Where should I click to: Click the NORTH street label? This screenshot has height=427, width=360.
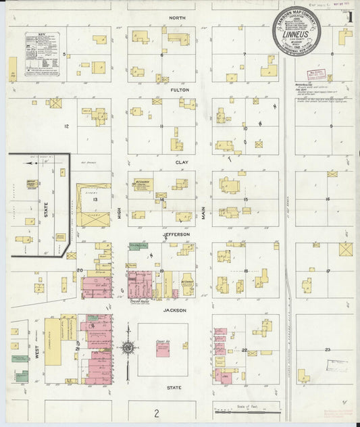click(178, 17)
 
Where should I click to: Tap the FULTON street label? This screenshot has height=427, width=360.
click(179, 89)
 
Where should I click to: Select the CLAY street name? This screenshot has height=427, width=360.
click(182, 162)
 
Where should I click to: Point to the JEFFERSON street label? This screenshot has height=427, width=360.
click(176, 234)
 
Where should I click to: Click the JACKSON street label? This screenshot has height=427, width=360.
click(174, 311)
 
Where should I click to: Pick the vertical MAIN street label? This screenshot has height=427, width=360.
click(203, 214)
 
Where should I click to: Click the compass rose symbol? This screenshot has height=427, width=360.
click(127, 348)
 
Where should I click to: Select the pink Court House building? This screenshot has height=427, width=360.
click(163, 349)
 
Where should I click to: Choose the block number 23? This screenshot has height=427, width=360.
click(328, 349)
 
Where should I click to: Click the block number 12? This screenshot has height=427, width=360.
click(66, 126)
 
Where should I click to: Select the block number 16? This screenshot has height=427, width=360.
click(328, 199)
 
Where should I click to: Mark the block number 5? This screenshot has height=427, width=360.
click(65, 54)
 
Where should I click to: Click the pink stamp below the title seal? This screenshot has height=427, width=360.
click(316, 74)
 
